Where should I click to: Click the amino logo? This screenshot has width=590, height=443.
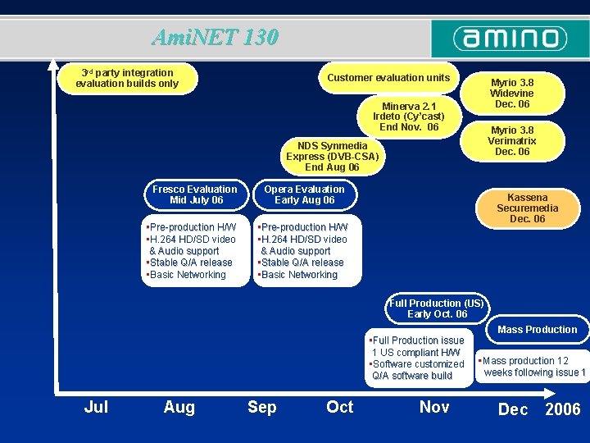[510, 39]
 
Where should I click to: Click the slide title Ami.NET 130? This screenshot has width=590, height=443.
[215, 38]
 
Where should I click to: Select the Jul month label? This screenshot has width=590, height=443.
[96, 407]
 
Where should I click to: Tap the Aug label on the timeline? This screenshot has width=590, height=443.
[179, 407]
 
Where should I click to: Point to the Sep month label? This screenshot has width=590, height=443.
[261, 407]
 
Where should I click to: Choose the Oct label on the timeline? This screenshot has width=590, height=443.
[339, 407]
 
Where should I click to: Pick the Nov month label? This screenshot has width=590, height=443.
[433, 407]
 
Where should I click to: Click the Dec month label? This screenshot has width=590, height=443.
[513, 409]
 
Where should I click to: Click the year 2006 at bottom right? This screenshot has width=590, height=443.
[563, 409]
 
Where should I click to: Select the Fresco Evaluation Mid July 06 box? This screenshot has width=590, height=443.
[196, 195]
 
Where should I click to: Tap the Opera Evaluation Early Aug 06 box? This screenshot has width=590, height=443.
[304, 195]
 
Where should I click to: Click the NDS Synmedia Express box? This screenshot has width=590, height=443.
[332, 156]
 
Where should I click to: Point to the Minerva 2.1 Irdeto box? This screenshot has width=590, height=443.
[409, 116]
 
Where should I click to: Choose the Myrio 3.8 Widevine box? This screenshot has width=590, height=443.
[511, 94]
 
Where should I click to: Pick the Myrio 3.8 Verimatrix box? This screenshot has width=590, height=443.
[511, 140]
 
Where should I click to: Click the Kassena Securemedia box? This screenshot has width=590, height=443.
[527, 208]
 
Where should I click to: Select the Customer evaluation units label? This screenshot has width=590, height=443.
[388, 78]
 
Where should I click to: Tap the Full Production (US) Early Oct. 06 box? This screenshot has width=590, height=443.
[437, 308]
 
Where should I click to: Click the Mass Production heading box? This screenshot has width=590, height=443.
[537, 330]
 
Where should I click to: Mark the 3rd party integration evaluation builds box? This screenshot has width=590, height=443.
[127, 79]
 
